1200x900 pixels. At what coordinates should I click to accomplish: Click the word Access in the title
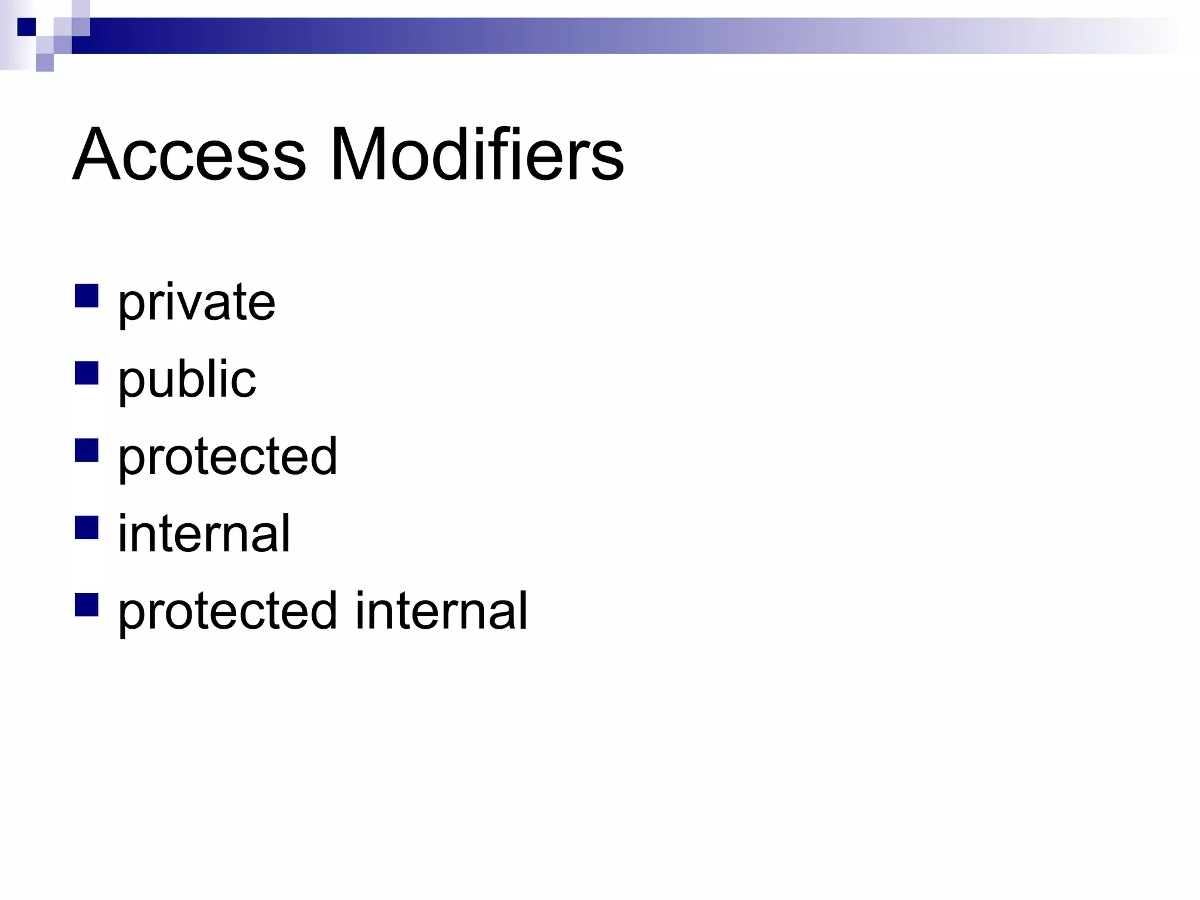(x=189, y=155)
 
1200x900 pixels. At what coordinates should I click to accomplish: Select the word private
(x=196, y=304)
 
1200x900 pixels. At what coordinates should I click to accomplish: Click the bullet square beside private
(x=86, y=296)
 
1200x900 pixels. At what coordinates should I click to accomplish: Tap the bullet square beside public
(x=86, y=373)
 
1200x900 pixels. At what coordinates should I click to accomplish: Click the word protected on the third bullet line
(x=227, y=458)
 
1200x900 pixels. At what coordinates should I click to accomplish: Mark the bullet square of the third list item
(x=86, y=450)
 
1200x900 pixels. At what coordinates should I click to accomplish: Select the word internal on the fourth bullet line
(x=204, y=533)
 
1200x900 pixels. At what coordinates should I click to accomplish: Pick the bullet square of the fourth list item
(x=86, y=527)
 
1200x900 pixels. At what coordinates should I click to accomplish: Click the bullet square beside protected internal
(x=86, y=604)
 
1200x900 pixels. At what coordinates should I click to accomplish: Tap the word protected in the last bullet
(x=227, y=612)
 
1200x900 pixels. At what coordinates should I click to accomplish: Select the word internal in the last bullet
(x=441, y=611)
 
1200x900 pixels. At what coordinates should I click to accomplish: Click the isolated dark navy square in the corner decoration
(x=26, y=27)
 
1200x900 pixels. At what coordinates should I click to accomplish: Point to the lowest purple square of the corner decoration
(x=45, y=63)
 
